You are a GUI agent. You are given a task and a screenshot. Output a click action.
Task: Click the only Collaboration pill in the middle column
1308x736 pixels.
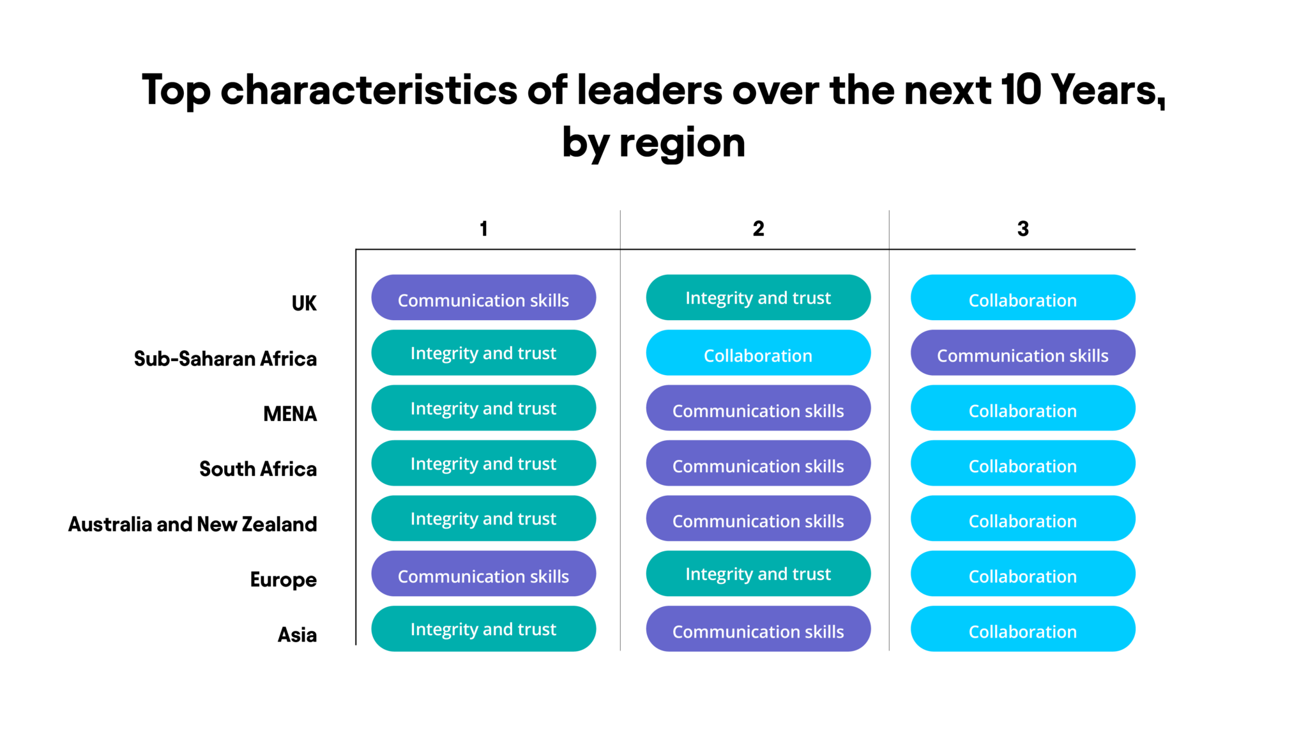tap(758, 353)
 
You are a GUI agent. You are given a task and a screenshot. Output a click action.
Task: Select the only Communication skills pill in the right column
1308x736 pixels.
tap(1023, 353)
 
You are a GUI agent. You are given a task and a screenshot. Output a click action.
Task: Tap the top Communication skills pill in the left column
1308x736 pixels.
tap(483, 298)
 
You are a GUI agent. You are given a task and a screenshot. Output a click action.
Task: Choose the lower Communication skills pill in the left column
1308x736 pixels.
tap(483, 574)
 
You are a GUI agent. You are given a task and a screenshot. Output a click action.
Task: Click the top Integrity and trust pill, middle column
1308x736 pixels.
tap(758, 298)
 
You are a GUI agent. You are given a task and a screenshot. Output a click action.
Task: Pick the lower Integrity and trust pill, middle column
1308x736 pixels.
tap(758, 574)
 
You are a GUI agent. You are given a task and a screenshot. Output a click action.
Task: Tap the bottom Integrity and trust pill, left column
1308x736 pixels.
tap(483, 629)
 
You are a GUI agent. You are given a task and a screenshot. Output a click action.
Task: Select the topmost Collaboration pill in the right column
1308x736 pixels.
tap(1023, 298)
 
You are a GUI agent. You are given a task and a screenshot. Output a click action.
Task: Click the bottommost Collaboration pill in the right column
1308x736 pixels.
tap(1023, 629)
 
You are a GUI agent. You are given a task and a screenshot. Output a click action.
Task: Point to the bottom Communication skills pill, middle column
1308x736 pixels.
tap(758, 629)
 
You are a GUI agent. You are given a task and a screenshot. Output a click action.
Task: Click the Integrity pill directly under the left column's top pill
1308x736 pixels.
tap(483, 353)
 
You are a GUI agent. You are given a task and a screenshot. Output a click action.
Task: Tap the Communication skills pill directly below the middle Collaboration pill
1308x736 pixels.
tap(758, 408)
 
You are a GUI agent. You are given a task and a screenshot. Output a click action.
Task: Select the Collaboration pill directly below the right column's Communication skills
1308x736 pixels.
tap(1023, 408)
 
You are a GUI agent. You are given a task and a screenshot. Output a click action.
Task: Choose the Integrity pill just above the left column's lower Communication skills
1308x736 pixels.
tap(483, 518)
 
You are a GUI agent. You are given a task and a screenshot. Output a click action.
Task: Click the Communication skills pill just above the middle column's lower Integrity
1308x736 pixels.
tap(758, 518)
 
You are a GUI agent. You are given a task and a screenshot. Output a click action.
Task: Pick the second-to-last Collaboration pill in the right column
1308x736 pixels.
tap(1023, 574)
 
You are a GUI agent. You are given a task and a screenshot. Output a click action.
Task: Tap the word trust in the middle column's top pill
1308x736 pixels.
tap(812, 298)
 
